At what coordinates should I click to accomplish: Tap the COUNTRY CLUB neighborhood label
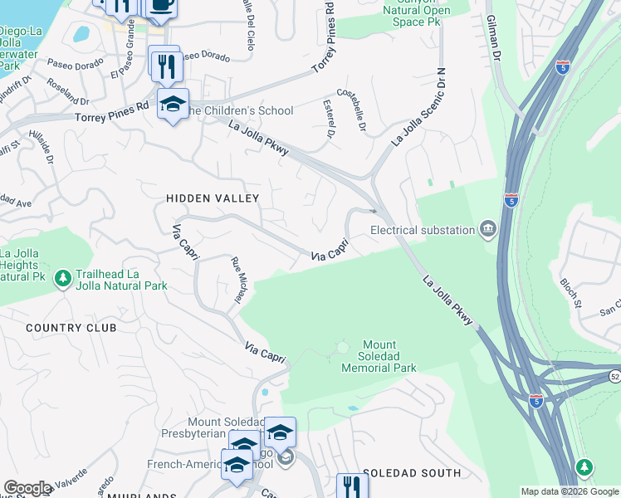click(71, 328)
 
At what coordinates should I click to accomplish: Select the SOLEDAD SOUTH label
click(411, 473)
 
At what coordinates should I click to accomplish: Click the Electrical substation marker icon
click(488, 229)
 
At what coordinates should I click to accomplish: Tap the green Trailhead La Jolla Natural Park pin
click(63, 279)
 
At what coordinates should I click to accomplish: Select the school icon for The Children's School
click(173, 104)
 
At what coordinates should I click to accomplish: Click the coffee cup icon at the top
click(162, 5)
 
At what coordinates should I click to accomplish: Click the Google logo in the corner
click(27, 488)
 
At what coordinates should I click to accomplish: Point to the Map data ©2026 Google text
click(570, 491)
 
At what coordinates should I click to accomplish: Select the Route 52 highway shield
click(614, 377)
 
